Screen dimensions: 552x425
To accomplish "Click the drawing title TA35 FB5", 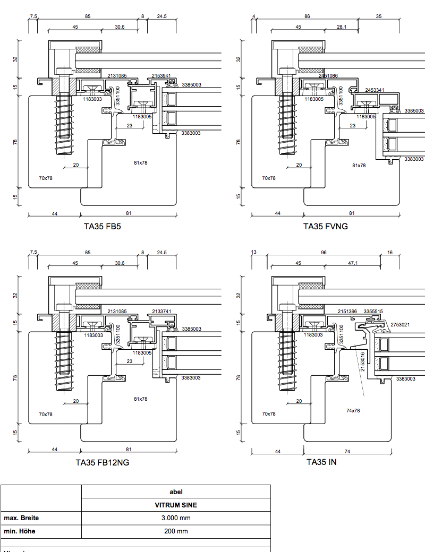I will [x=102, y=226].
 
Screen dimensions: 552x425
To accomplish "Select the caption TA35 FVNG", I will [x=326, y=226].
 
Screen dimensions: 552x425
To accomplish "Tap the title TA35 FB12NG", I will [x=102, y=462].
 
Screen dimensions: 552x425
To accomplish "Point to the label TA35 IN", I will [x=321, y=462].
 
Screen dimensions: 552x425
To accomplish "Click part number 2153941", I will [x=161, y=76].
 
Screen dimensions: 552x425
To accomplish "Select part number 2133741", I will [x=161, y=312].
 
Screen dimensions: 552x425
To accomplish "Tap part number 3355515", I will [x=373, y=312].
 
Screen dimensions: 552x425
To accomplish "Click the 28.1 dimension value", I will [x=342, y=27].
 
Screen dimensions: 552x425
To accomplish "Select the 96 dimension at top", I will [x=324, y=253].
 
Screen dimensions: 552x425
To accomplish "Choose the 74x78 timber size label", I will [x=353, y=410].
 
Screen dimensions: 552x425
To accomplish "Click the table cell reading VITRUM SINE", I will [x=176, y=505].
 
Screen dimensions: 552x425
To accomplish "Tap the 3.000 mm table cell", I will [x=176, y=518].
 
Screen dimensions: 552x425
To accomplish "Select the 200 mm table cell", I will [x=176, y=531].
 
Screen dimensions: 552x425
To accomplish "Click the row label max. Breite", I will [x=21, y=518].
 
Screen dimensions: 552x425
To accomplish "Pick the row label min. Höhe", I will [x=20, y=531].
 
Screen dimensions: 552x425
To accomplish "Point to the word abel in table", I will [x=176, y=492].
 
